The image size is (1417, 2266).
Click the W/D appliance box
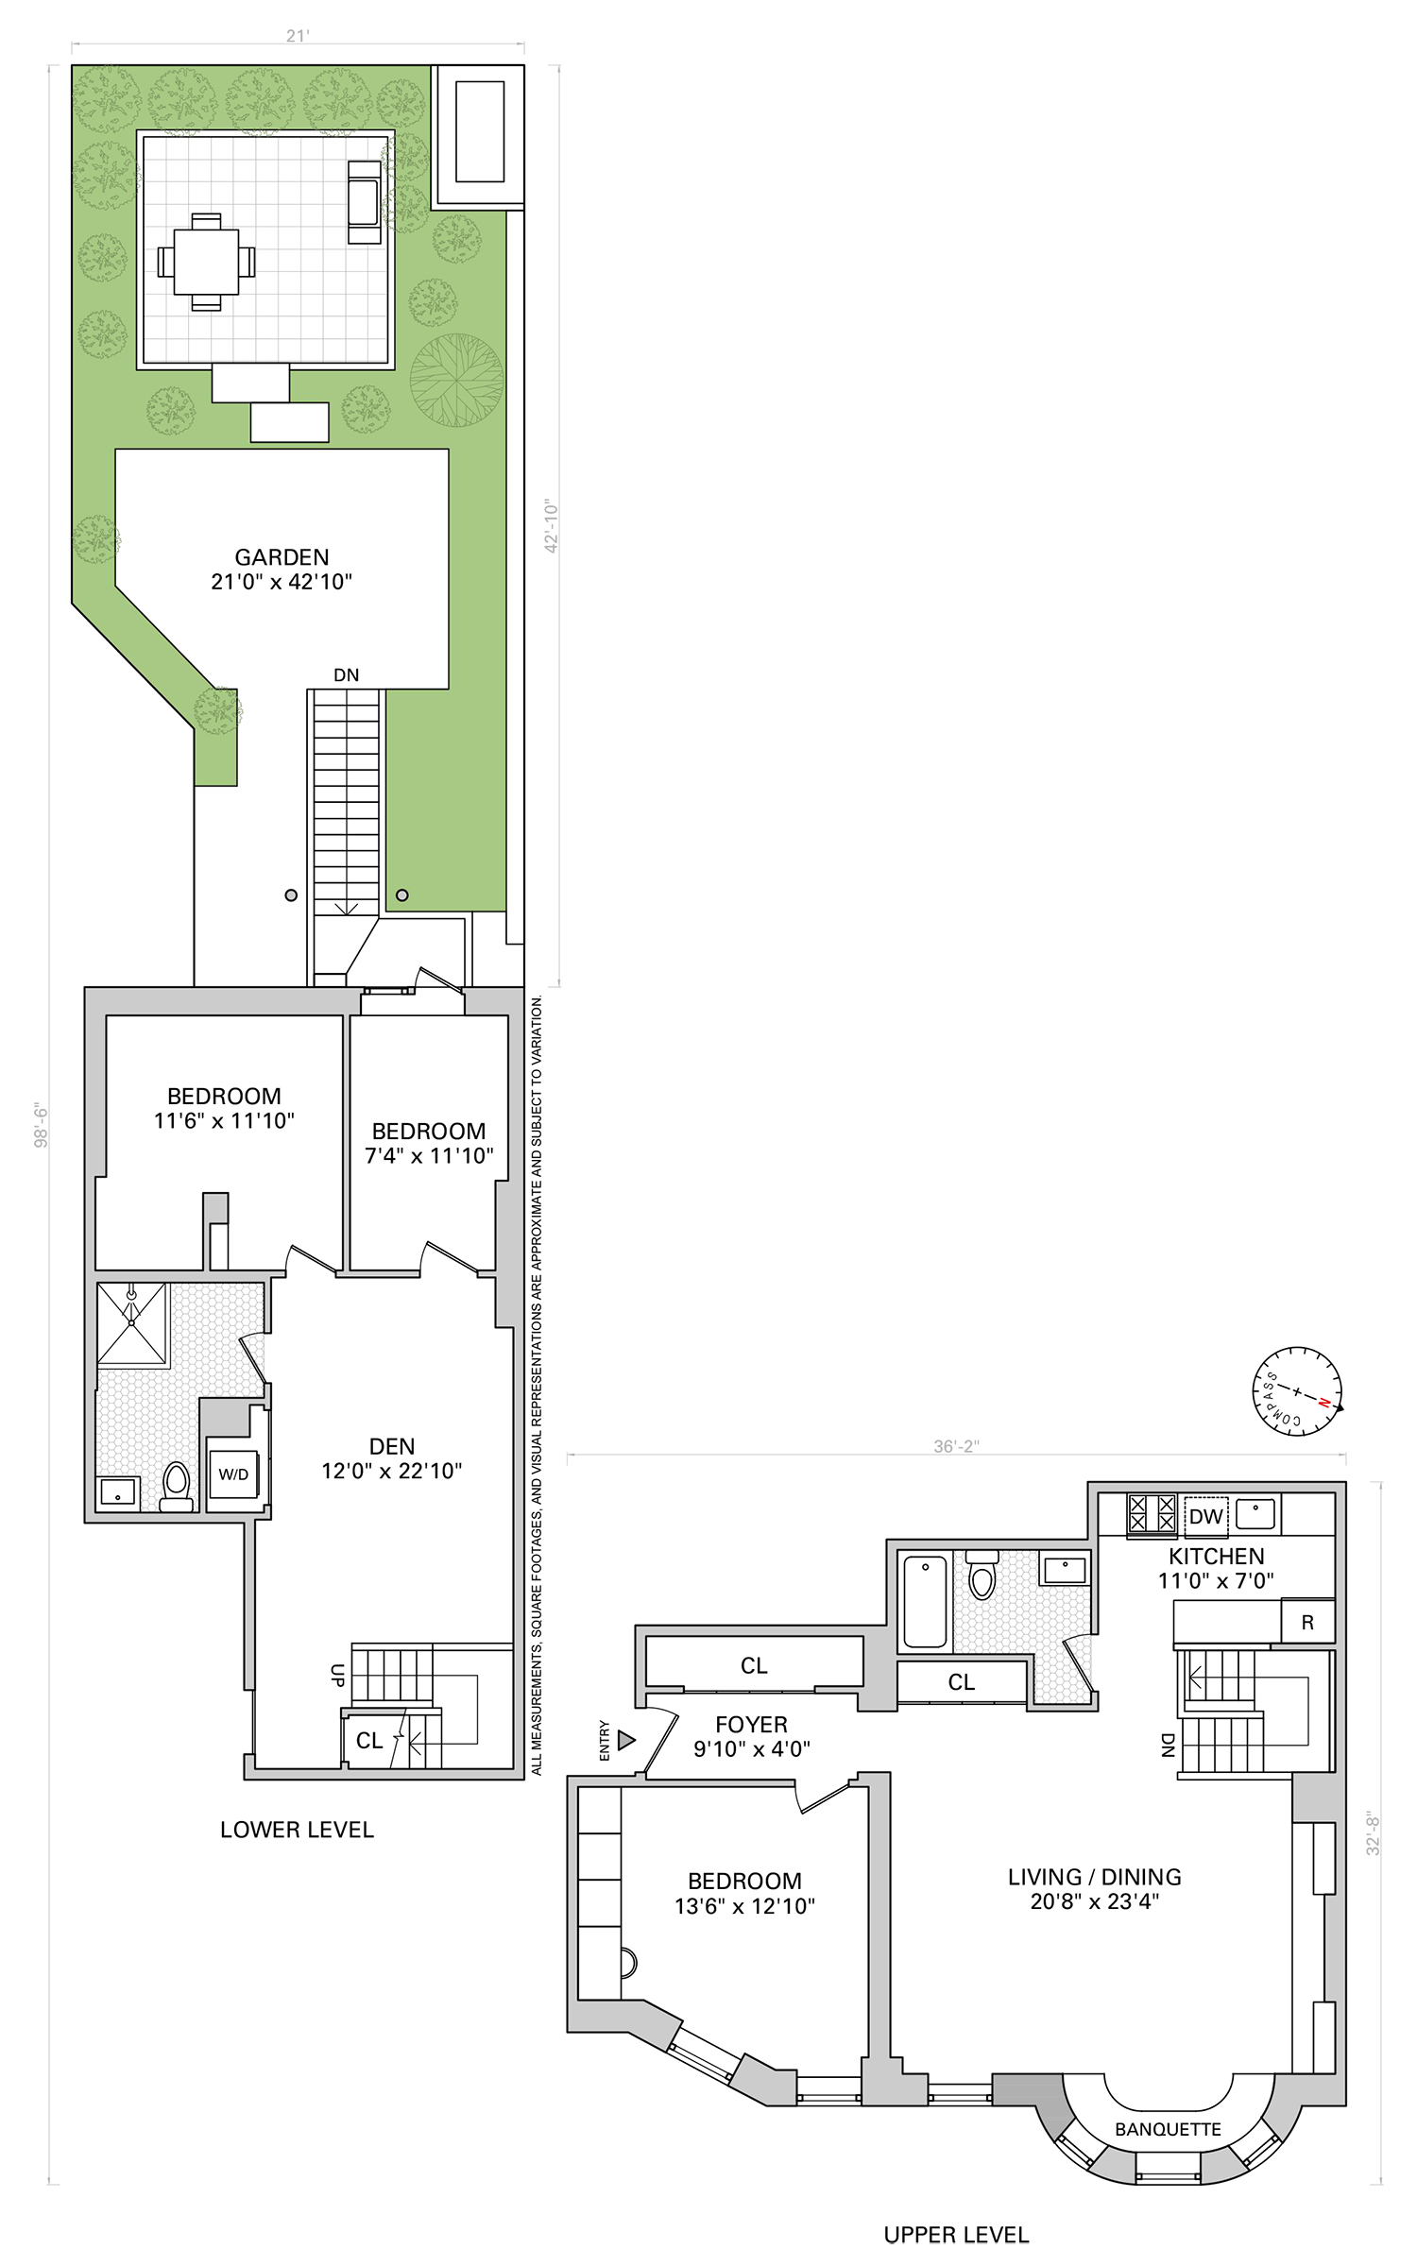tap(233, 1474)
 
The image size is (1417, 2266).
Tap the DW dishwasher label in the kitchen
tap(1205, 1517)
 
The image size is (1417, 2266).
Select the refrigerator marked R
tap(1307, 1623)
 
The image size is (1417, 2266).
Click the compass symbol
tap(1297, 1391)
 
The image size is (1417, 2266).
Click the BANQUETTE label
tap(1168, 2129)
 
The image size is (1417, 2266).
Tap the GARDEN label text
tap(282, 557)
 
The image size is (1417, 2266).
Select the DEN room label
tap(392, 1446)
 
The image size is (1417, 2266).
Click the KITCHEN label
tap(1216, 1557)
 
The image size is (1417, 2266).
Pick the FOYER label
tap(751, 1725)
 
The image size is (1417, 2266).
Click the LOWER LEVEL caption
tap(297, 1830)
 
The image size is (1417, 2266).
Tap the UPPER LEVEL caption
tap(956, 2235)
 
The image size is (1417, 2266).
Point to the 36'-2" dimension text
tap(956, 1446)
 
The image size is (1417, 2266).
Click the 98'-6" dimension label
tap(42, 1124)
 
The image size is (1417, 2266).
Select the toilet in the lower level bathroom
tap(177, 1486)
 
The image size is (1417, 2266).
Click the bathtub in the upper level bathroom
tap(925, 1601)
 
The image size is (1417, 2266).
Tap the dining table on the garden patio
tap(206, 262)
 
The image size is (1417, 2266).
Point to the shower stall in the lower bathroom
tap(132, 1323)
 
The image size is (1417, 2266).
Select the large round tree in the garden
tap(457, 380)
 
